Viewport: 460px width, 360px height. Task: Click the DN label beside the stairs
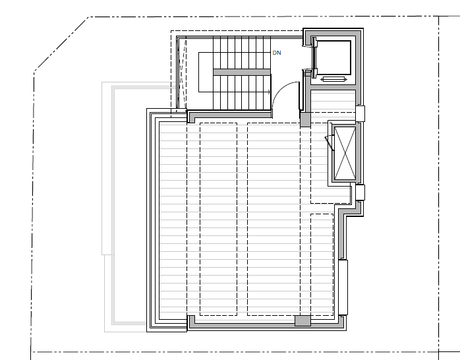click(x=277, y=53)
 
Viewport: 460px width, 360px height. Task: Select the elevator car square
click(x=333, y=57)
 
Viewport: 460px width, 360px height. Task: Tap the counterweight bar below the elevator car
click(x=334, y=79)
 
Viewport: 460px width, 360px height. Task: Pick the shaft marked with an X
click(x=345, y=152)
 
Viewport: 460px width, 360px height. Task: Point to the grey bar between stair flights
click(x=242, y=72)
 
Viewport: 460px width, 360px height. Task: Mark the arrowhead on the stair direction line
click(x=269, y=92)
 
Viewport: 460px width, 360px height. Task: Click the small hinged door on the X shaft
click(x=329, y=142)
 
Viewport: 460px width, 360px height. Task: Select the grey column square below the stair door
click(x=305, y=120)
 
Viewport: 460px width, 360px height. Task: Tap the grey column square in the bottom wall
click(x=302, y=320)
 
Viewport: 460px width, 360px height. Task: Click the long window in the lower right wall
click(x=343, y=287)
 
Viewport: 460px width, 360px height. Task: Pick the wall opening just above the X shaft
click(x=360, y=113)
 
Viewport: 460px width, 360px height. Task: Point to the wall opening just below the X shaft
click(x=360, y=192)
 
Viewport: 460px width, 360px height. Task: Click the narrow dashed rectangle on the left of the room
click(x=218, y=219)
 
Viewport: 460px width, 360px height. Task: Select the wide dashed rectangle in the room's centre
click(x=273, y=219)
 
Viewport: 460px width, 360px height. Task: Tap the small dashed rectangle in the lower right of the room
click(x=322, y=264)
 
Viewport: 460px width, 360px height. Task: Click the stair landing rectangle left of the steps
click(x=206, y=72)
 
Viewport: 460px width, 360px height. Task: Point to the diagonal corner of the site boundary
click(x=61, y=44)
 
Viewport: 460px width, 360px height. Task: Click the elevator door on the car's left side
click(x=314, y=57)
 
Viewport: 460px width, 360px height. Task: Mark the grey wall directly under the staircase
click(x=229, y=115)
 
